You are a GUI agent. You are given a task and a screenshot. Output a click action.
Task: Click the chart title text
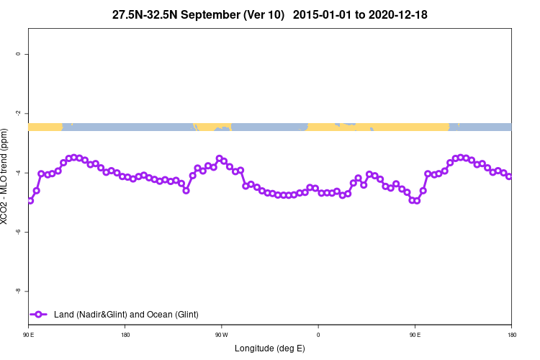(270, 14)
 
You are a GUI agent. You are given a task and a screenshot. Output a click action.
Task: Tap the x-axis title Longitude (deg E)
(270, 348)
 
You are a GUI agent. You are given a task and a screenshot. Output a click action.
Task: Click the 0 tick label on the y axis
(18, 54)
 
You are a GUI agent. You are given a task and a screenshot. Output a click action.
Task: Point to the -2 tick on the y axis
(18, 113)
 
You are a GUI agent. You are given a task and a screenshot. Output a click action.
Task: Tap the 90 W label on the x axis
(222, 335)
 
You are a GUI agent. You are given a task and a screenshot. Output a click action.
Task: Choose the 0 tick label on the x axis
(318, 335)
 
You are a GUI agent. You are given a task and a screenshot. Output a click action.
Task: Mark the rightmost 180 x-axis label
(511, 335)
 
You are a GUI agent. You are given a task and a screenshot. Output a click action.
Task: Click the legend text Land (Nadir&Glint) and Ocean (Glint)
(126, 315)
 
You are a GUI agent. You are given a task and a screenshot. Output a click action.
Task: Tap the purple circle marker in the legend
(40, 315)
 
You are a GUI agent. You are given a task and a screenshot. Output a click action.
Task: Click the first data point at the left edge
(30, 200)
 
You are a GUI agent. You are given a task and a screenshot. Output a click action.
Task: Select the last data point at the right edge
(509, 176)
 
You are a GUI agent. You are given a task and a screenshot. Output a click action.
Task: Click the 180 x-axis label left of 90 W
(125, 335)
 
